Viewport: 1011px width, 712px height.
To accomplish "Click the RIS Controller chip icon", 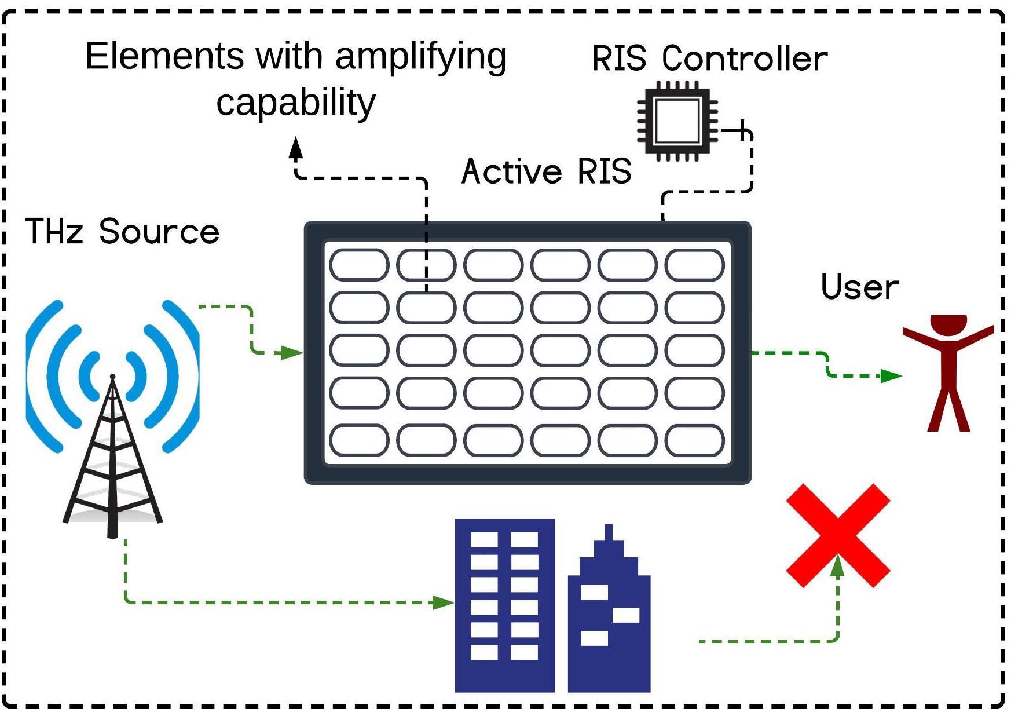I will [x=676, y=122].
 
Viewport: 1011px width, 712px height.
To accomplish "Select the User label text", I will [x=860, y=287].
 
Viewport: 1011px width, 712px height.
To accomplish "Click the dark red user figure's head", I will [x=948, y=324].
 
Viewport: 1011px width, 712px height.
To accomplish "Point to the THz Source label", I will [x=122, y=232].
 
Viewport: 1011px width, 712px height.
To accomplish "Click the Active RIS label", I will [x=546, y=172].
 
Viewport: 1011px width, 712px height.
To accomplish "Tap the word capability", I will [x=296, y=103].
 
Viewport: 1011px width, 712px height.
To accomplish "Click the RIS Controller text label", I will [x=709, y=59].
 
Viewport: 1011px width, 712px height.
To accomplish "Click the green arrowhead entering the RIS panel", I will [x=292, y=352].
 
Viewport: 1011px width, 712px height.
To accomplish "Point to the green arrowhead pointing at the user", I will [x=890, y=376].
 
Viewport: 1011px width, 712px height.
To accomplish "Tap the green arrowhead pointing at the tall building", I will [x=444, y=603].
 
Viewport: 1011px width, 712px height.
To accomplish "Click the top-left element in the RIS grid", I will [x=359, y=265].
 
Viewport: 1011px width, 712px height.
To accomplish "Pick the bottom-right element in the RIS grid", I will [x=694, y=440].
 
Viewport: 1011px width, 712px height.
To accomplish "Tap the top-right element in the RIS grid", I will [x=694, y=265].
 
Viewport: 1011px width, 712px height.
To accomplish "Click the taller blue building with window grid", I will [x=504, y=605].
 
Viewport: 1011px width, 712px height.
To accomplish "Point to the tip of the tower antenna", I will [x=112, y=377].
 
